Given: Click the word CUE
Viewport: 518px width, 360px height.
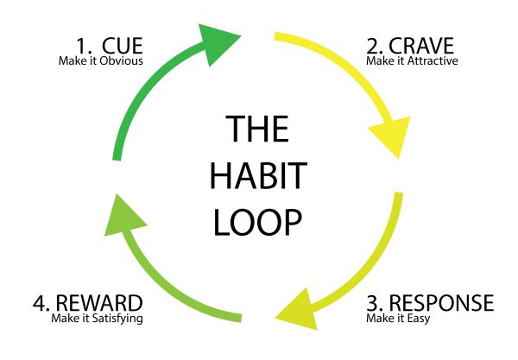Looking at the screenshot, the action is point(123,46).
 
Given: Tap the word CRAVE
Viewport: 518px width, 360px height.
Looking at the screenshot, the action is point(421,46).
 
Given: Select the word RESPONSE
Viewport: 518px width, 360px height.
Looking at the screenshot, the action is point(441,303).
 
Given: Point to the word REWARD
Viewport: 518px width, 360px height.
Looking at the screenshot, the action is point(99,303).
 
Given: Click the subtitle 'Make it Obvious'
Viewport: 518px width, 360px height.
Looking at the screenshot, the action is point(101,60).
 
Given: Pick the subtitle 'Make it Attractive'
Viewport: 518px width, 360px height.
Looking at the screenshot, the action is point(412,60).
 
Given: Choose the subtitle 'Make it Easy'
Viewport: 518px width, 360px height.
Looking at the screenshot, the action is point(398,319).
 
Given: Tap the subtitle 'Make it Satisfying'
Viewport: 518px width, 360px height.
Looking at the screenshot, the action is point(97,319).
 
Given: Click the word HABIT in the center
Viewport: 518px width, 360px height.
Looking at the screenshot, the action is point(259,175).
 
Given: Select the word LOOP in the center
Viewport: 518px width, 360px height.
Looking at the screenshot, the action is point(257,221).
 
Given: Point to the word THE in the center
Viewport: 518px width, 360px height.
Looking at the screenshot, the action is point(257,129).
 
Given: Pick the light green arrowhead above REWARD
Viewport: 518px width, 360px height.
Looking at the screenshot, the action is point(123,218).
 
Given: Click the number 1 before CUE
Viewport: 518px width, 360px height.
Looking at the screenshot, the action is point(82,46).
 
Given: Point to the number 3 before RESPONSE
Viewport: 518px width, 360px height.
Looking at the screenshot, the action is point(375,303).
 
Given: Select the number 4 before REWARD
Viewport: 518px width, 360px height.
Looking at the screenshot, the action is point(41,303).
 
